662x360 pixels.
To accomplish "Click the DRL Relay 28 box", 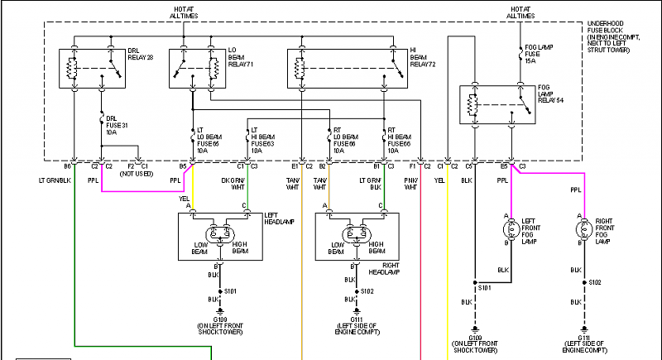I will tap(92, 69).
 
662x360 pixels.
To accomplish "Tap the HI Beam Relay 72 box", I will tap(347, 69).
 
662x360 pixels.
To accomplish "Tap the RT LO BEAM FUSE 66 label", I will tap(346, 142).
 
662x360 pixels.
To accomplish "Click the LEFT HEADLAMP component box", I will tap(220, 236).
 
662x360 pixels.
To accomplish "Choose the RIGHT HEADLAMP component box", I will tap(357, 236).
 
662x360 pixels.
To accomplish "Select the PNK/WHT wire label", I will tap(411, 184).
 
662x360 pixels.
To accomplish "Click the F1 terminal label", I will tap(413, 166).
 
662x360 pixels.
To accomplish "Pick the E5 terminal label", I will tap(504, 166).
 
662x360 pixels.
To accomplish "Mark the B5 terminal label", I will tap(182, 166).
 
